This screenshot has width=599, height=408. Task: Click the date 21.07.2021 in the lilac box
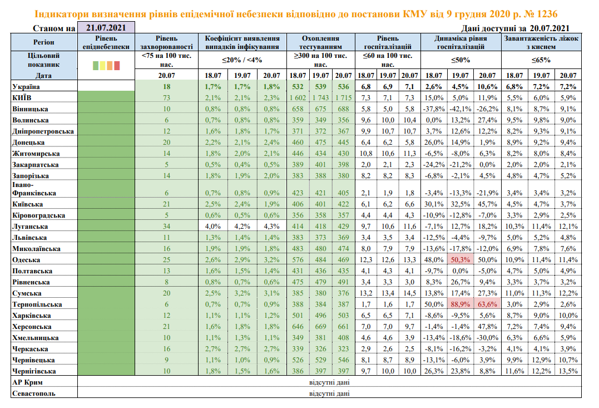pos(106,27)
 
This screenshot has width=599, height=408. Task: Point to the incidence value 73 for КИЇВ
pos(166,97)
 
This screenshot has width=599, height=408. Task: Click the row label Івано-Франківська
pos(34,189)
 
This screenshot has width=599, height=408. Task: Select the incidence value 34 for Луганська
pos(166,227)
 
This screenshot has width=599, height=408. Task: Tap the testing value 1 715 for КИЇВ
pos(344,97)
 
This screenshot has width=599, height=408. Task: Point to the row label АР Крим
pos(27,383)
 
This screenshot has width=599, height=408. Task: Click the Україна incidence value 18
pos(166,86)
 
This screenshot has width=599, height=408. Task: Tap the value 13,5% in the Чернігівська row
pos(568,371)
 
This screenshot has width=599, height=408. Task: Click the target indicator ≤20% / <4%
pos(242,60)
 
